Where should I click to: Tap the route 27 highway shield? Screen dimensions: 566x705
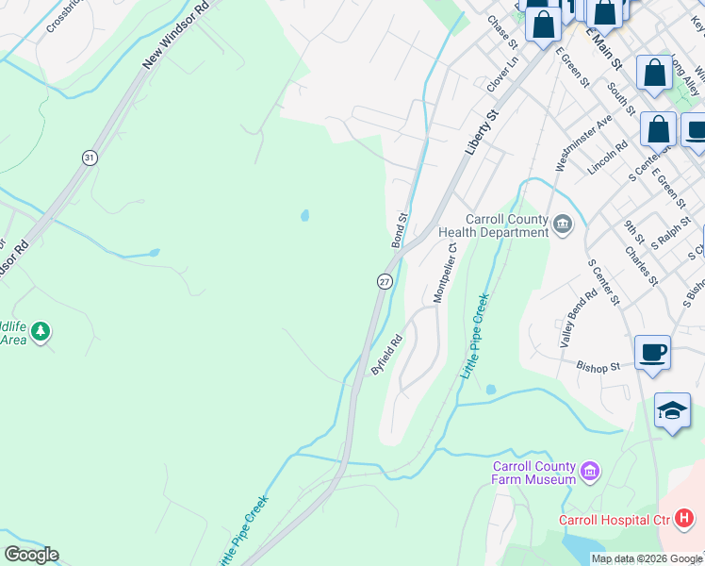click(385, 281)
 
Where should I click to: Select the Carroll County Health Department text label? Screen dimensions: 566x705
click(494, 225)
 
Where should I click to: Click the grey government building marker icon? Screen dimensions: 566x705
click(563, 224)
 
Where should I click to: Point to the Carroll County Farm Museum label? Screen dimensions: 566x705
click(533, 473)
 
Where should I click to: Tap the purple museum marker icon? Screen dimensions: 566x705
click(590, 471)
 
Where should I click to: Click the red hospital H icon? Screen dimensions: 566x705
click(684, 519)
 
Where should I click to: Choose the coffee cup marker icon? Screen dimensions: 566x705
click(652, 355)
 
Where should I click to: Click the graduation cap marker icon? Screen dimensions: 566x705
click(672, 411)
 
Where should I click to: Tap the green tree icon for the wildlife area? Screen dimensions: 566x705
click(40, 330)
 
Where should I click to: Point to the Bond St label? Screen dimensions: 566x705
click(400, 230)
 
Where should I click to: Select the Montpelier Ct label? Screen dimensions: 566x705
click(444, 273)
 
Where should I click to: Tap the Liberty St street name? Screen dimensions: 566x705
click(480, 133)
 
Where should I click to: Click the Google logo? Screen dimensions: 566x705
click(31, 555)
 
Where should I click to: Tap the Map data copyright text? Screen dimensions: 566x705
click(647, 558)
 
